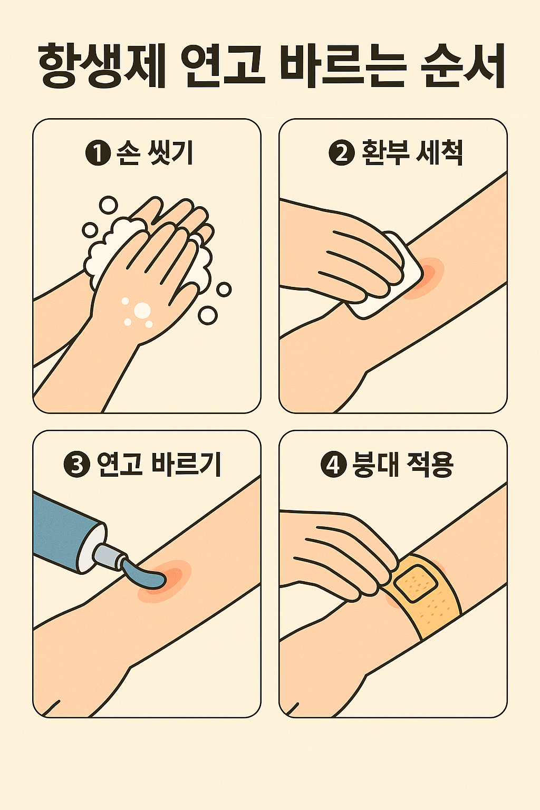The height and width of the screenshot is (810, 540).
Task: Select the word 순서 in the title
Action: click(x=463, y=66)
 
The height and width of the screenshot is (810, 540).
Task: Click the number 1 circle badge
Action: click(x=98, y=153)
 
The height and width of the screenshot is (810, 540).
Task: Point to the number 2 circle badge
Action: click(x=341, y=153)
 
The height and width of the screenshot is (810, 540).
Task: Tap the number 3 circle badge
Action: click(x=76, y=465)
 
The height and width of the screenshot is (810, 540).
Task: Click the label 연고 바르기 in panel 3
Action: click(x=159, y=465)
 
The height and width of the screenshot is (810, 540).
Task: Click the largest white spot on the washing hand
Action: click(x=142, y=310)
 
